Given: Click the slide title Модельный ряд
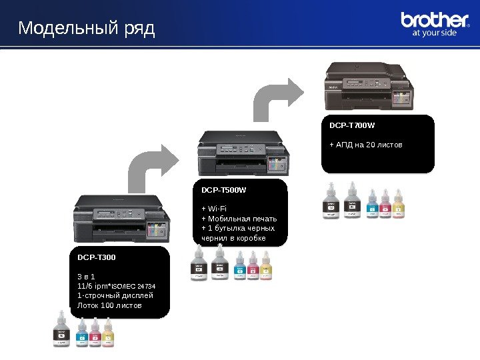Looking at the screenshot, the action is (x=86, y=29).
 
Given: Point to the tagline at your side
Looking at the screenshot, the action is (x=435, y=33).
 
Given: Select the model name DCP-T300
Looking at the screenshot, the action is (x=96, y=256).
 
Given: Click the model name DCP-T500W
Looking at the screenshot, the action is (x=223, y=190).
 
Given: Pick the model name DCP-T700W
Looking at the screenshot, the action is (x=352, y=125).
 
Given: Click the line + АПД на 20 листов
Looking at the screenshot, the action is (x=366, y=144).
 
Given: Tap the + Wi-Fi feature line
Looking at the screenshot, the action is (x=215, y=209).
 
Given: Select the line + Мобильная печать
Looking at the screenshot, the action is (x=239, y=219).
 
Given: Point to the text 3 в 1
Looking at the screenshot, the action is (x=86, y=276).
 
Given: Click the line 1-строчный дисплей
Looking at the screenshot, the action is (x=115, y=295).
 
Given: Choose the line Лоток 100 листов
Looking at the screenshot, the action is (x=110, y=305).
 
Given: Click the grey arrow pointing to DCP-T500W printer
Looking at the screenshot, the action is (x=156, y=167).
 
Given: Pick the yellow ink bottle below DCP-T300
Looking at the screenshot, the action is (x=108, y=332).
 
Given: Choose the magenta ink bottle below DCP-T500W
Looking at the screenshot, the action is (x=253, y=266).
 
